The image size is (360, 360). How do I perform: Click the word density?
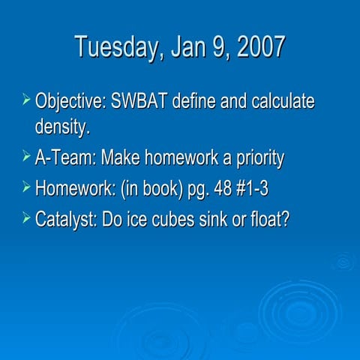tap(62, 126)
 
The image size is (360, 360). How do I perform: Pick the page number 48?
tap(223, 188)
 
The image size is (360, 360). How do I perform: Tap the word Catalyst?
tap(65, 218)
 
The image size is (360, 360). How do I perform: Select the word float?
tap(269, 218)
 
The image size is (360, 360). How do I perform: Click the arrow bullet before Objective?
tap(26, 100)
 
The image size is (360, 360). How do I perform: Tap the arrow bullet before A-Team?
tap(26, 157)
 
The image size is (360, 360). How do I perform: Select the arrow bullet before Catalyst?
tap(26, 217)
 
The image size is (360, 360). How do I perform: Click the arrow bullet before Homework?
tap(26, 187)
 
